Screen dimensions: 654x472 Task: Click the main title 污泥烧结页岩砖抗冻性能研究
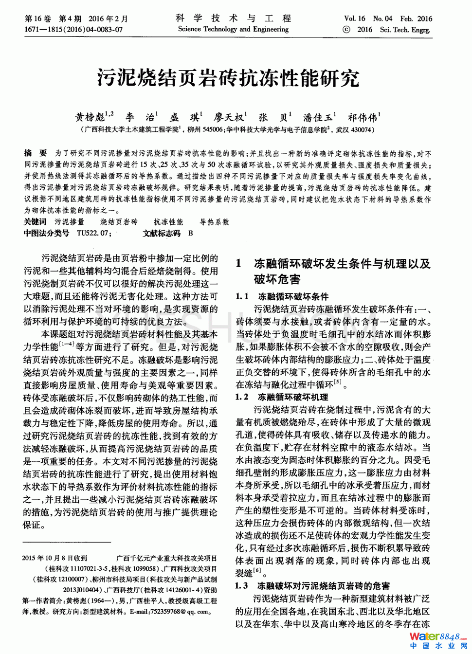[x=228, y=78]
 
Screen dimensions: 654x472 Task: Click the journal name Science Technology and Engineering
[x=233, y=29]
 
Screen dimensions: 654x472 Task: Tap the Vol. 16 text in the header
[x=354, y=18]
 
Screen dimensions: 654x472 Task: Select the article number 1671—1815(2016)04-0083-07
[x=73, y=29]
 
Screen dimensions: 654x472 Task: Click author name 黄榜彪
[x=91, y=117]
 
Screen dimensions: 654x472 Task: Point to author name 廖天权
[x=228, y=117]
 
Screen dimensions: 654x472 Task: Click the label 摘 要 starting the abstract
[x=36, y=153]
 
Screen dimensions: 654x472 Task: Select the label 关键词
[x=35, y=222]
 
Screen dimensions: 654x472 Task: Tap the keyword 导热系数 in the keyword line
[x=214, y=222]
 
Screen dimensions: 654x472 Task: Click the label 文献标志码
[x=162, y=233]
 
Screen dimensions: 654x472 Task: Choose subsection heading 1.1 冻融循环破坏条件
[x=282, y=296]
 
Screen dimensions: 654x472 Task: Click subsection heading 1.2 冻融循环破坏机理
[x=282, y=397]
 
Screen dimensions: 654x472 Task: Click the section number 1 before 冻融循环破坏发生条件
[x=238, y=264]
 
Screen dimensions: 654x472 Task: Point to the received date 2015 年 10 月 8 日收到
[x=54, y=558]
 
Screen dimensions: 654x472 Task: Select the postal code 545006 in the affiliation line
[x=213, y=130]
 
